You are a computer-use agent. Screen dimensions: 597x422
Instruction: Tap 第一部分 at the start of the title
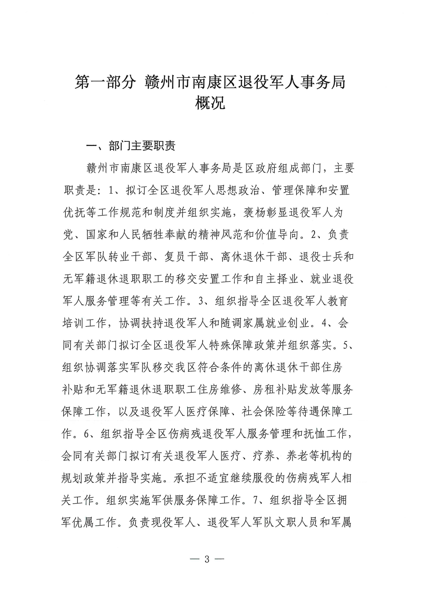[105, 82]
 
